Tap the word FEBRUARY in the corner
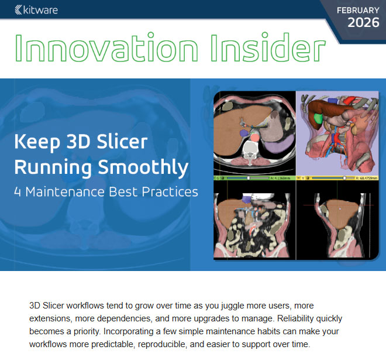click(x=358, y=10)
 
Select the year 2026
click(x=363, y=23)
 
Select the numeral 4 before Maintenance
click(x=18, y=191)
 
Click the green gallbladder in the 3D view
click(x=318, y=117)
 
